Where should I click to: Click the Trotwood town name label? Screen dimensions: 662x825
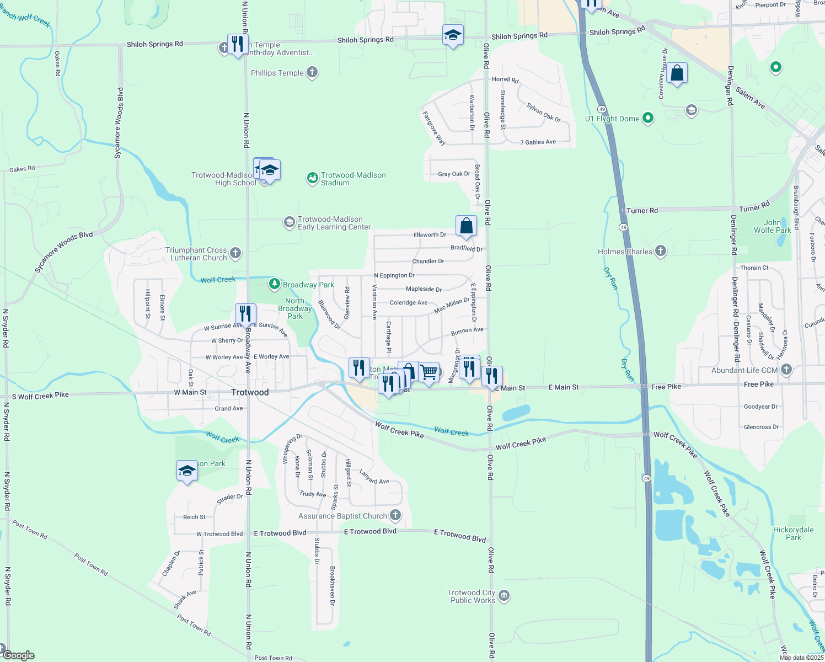(250, 392)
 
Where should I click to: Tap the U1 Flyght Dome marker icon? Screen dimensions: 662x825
(648, 118)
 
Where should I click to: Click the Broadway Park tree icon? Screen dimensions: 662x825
(274, 284)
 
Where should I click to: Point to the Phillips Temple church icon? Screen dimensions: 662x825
(312, 72)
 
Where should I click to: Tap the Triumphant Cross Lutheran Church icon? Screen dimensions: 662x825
(235, 253)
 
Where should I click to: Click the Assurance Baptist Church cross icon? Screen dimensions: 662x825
(395, 515)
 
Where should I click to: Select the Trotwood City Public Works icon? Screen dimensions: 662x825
(503, 596)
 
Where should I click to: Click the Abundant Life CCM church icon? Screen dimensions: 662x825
(786, 370)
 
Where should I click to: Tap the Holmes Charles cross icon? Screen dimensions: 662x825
(660, 251)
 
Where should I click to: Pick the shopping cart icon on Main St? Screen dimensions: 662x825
(428, 372)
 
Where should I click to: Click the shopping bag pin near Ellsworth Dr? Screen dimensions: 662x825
(466, 226)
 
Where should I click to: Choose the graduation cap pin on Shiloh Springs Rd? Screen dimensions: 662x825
(453, 35)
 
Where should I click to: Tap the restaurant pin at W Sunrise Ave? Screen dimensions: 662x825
(245, 314)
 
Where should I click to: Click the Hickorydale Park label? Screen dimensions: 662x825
(793, 533)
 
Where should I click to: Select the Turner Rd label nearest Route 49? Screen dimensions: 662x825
(642, 211)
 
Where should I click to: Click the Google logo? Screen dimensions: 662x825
(18, 655)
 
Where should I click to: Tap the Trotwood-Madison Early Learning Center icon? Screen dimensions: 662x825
(289, 222)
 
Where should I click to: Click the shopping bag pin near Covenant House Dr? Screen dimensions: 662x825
(677, 73)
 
